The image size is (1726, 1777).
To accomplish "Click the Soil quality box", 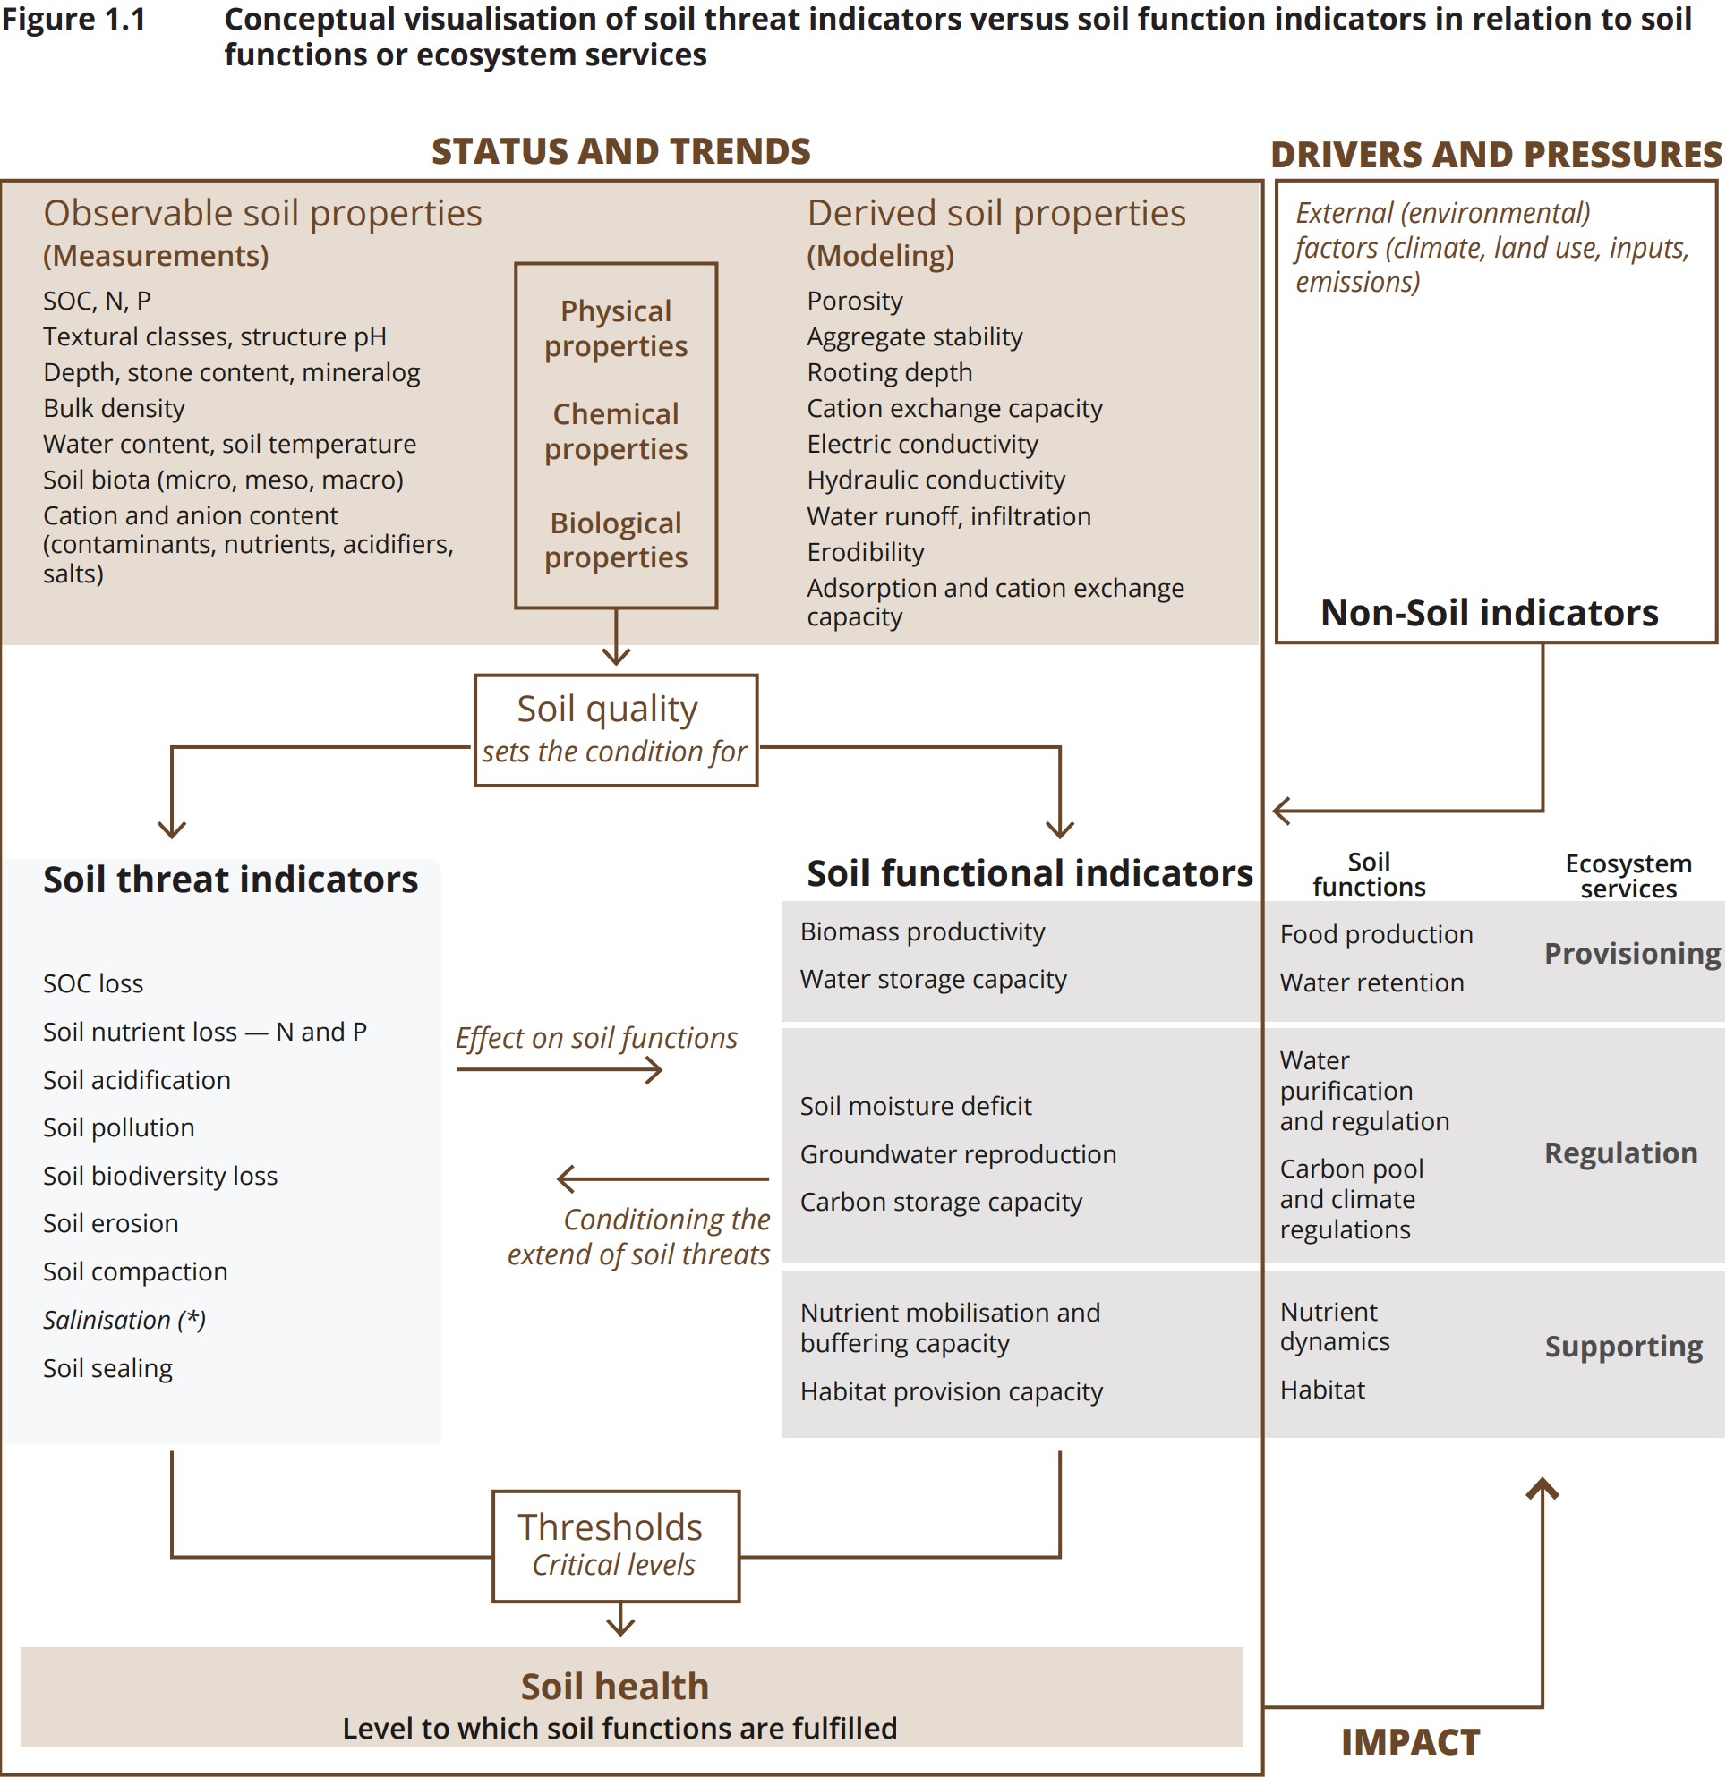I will point(615,730).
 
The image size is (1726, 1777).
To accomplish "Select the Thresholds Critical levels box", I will point(615,1546).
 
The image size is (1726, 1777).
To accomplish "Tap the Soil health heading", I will point(614,1687).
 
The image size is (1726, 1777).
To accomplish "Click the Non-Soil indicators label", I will point(1489,613).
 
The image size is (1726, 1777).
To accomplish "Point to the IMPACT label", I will point(1409,1741).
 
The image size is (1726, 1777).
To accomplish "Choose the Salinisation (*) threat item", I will point(124,1320).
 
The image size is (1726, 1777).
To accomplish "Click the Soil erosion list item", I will point(111,1223).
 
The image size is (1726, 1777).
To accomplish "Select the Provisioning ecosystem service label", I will point(1632,953).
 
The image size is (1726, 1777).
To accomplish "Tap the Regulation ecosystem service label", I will point(1620,1152).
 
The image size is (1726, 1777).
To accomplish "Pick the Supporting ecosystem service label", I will point(1624,1347).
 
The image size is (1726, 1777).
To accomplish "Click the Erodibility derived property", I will point(866,552).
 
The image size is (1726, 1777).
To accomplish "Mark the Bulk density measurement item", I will point(115,408).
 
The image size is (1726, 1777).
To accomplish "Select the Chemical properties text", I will point(616,431).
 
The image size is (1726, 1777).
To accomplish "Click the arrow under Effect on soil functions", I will point(560,1071).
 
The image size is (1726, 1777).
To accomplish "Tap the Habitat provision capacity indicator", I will point(951,1391).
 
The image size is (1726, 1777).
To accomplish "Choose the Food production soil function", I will point(1376,935).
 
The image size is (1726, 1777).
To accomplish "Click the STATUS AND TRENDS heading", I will point(620,151).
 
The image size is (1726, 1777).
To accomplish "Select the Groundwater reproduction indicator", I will point(958,1154).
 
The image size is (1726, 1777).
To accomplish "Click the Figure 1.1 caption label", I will point(73,20).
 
